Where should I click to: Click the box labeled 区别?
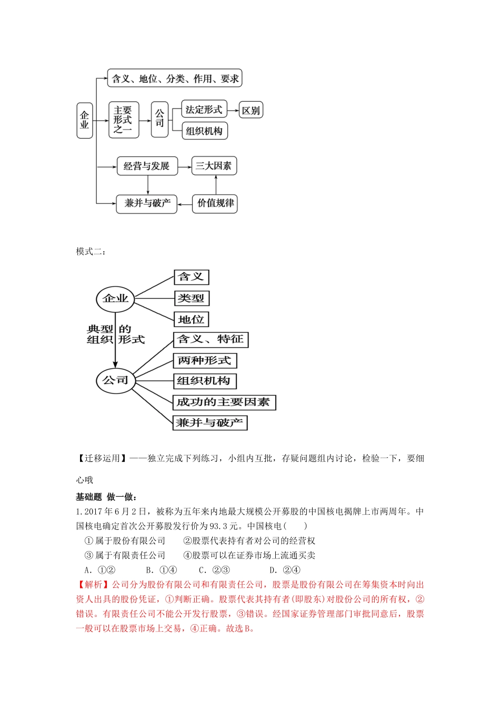coord(251,111)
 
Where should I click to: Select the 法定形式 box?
coord(204,110)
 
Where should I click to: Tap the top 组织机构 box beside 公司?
coord(204,131)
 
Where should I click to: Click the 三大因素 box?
coord(214,166)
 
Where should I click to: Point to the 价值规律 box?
coord(215,203)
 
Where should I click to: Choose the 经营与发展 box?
coord(147,166)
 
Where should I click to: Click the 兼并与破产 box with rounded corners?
coord(147,203)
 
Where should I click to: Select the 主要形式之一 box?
coord(123,120)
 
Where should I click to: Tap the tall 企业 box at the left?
coord(84,120)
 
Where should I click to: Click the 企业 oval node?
coord(115,299)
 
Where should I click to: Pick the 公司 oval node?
coord(115,380)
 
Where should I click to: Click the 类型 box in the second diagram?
coord(191,298)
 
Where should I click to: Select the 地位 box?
coord(191,319)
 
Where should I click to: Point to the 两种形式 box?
coord(205,361)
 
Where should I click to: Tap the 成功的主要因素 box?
coord(224,402)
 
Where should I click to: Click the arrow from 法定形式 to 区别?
coord(233,110)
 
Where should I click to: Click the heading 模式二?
coord(91,252)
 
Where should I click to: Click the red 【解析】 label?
coord(94,585)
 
